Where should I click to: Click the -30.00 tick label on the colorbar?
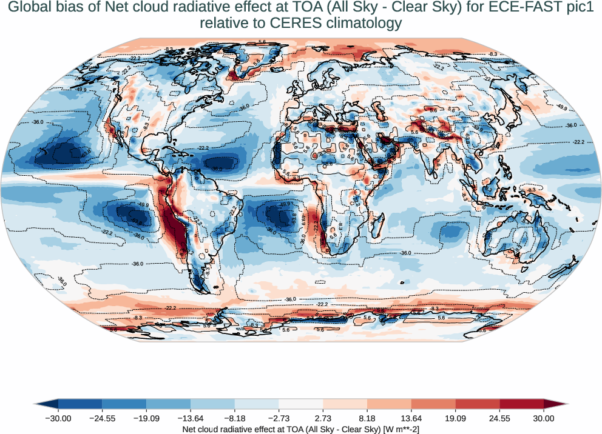click(x=58, y=418)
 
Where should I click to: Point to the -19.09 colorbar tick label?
click(x=146, y=418)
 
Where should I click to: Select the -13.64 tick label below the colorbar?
click(x=191, y=418)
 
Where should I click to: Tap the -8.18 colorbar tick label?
click(x=235, y=418)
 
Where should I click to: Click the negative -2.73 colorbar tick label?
click(x=279, y=418)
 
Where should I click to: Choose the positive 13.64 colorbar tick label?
click(x=411, y=418)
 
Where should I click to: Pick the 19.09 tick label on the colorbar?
click(x=456, y=418)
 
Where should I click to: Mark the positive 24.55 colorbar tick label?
click(x=499, y=418)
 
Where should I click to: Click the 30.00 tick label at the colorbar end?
click(x=544, y=418)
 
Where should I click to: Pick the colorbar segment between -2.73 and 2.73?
click(x=301, y=404)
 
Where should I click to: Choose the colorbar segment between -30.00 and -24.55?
click(x=80, y=404)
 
